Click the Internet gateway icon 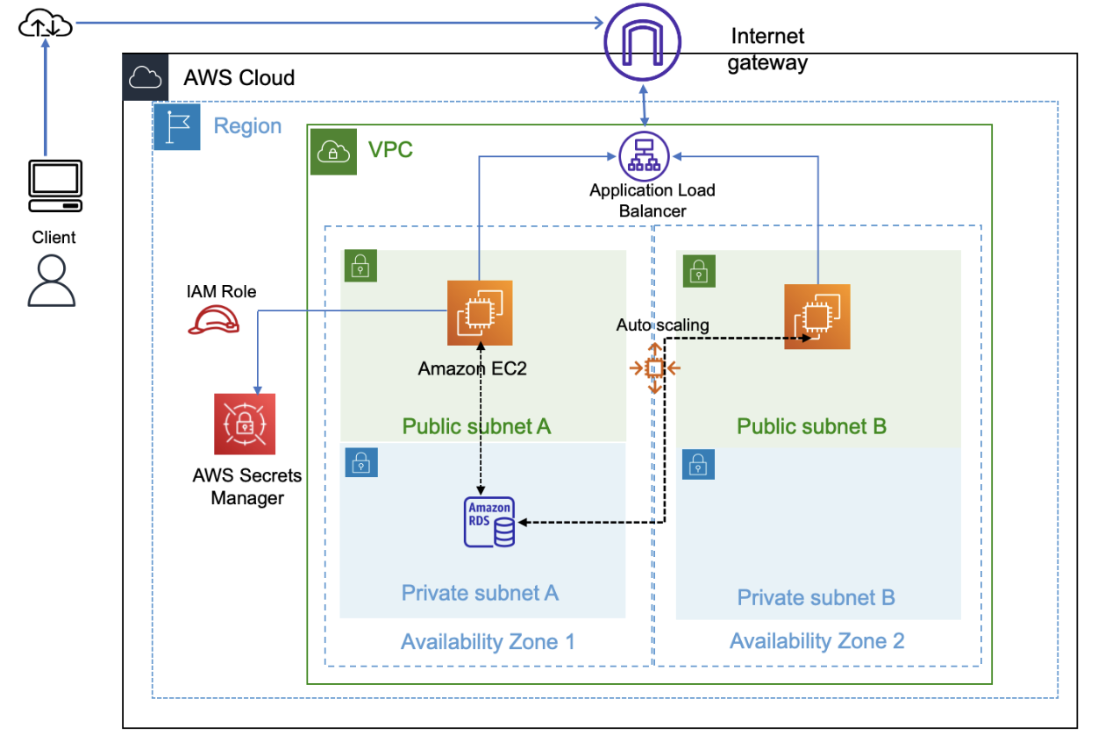pyautogui.click(x=644, y=39)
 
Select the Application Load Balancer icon pyautogui.click(x=645, y=155)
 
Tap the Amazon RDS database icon pyautogui.click(x=489, y=524)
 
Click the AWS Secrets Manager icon pyautogui.click(x=245, y=424)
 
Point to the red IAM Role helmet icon pyautogui.click(x=214, y=321)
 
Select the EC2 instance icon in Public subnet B pyautogui.click(x=816, y=316)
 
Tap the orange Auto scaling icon pyautogui.click(x=654, y=367)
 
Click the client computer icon pyautogui.click(x=55, y=186)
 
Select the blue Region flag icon pyautogui.click(x=177, y=126)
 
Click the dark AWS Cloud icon pyautogui.click(x=146, y=78)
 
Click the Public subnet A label pyautogui.click(x=476, y=426)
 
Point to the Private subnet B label pyautogui.click(x=816, y=598)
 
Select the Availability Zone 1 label pyautogui.click(x=488, y=642)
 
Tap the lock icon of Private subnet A pyautogui.click(x=361, y=462)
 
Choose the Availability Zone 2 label pyautogui.click(x=816, y=641)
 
